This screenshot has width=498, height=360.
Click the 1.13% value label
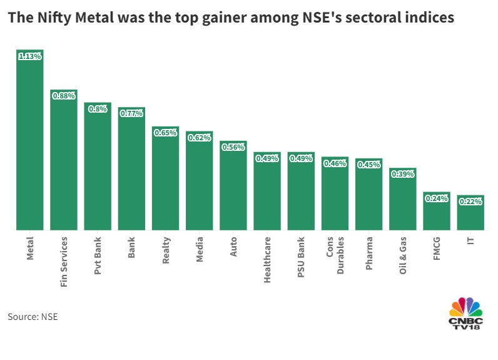point(29,56)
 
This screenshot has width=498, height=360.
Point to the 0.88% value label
point(64,96)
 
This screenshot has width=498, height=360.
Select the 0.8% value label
point(98,109)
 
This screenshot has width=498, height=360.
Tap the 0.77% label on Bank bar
point(131,113)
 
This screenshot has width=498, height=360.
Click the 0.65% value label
point(165,133)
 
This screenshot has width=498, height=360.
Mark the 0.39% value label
point(402,174)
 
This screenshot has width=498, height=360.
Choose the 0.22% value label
point(470,202)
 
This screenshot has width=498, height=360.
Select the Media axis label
point(200,249)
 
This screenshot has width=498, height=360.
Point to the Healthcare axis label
point(267,260)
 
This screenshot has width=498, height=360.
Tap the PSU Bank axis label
point(301,258)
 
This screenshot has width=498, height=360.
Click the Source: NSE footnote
point(33,317)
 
